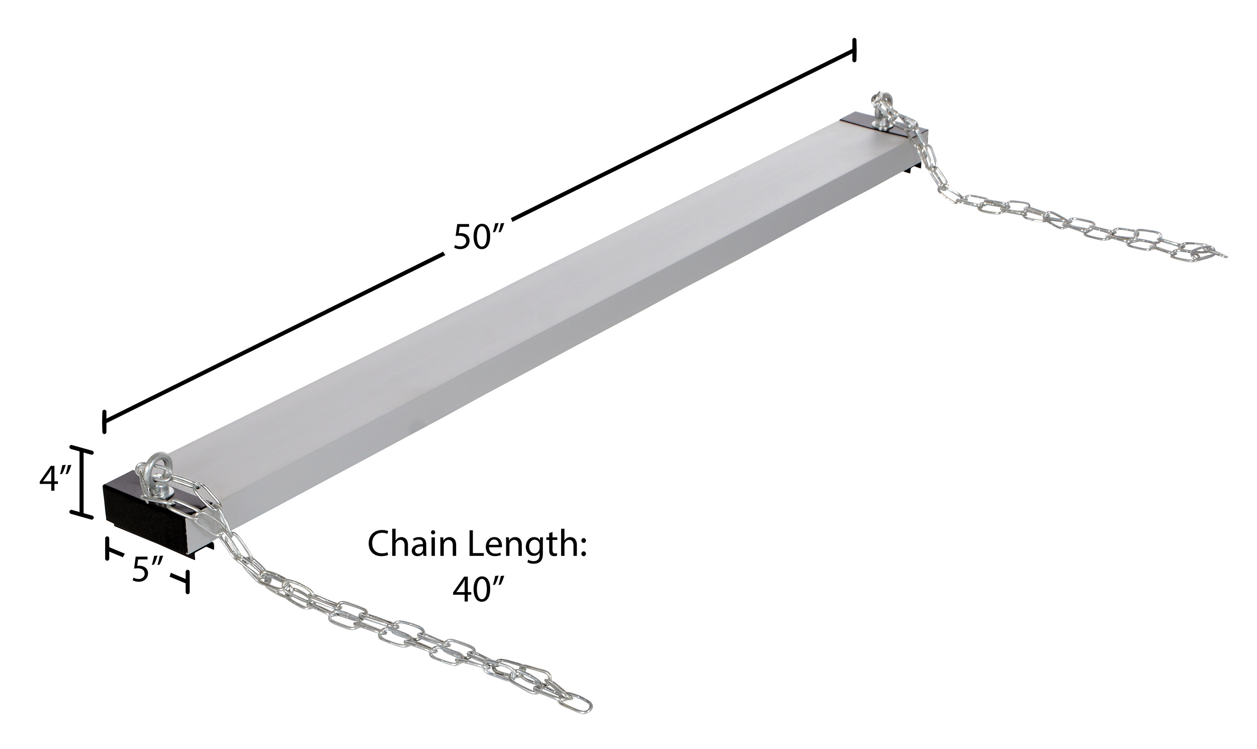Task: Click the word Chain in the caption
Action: pyautogui.click(x=412, y=544)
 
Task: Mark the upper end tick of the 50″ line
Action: pyautogui.click(x=854, y=50)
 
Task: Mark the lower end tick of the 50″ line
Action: pyautogui.click(x=104, y=422)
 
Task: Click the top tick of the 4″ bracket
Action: pyautogui.click(x=81, y=448)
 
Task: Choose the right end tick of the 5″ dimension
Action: pyautogui.click(x=187, y=582)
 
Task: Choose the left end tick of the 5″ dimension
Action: pyautogui.click(x=108, y=549)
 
